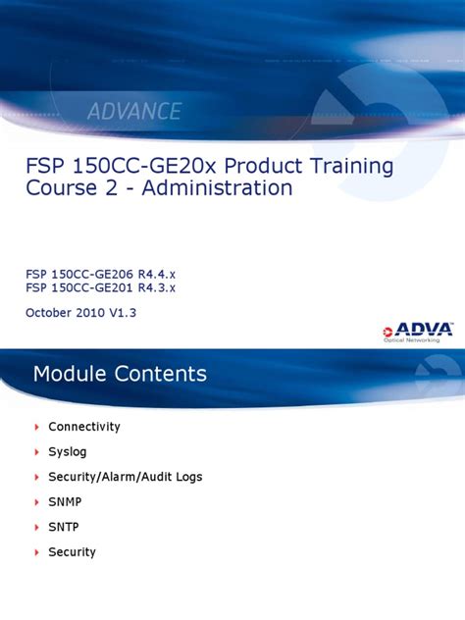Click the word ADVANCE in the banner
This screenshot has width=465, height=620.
tap(135, 111)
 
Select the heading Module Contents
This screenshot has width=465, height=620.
tap(120, 374)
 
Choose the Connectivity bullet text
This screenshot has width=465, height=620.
tap(84, 427)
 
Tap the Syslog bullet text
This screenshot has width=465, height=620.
tap(68, 451)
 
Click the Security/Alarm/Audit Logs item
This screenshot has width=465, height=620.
tap(126, 477)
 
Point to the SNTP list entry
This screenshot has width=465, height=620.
tap(66, 527)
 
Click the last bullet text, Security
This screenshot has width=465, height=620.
tap(73, 552)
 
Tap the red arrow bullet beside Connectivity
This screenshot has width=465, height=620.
tap(36, 427)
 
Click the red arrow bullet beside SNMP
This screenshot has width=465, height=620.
tap(36, 501)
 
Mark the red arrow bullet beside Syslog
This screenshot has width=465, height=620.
tap(36, 451)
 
